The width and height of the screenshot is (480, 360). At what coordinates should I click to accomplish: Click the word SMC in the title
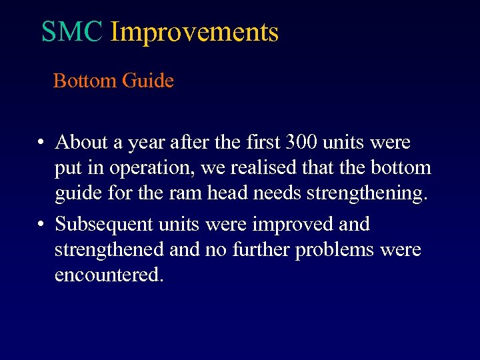[72, 31]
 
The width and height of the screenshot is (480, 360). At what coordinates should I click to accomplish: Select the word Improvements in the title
[194, 32]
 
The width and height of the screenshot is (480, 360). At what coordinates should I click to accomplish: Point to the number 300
[301, 143]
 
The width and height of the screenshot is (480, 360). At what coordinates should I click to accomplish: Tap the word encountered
[108, 274]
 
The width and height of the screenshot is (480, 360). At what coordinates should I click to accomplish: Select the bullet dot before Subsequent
[41, 225]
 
